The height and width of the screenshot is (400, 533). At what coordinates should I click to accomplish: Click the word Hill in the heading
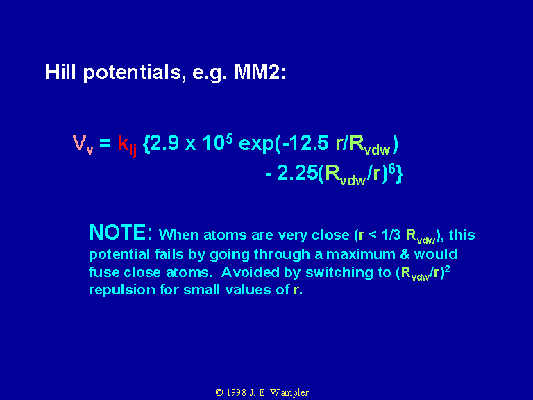(x=60, y=72)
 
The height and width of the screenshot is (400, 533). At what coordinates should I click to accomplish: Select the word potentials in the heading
(x=133, y=73)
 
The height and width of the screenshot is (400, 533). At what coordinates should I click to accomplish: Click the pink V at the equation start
(x=79, y=142)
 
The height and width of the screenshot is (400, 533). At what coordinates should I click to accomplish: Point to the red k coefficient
(x=123, y=142)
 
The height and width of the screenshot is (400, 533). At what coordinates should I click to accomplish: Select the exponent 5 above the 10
(x=229, y=138)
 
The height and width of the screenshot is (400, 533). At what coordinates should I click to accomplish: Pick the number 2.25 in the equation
(x=298, y=173)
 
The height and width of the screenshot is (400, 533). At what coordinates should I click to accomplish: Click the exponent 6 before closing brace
(x=392, y=169)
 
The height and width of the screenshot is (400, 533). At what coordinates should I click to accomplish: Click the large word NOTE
(x=121, y=233)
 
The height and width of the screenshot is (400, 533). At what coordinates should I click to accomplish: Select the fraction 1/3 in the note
(x=391, y=235)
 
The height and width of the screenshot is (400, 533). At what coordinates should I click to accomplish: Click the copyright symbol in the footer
(x=219, y=392)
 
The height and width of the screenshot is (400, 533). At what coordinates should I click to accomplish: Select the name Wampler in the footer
(x=289, y=393)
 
